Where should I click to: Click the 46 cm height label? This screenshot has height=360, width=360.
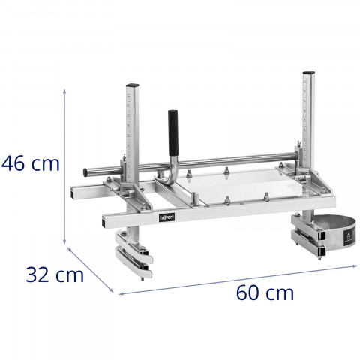pyautogui.click(x=31, y=163)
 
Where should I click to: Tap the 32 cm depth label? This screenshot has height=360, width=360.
pyautogui.click(x=53, y=274)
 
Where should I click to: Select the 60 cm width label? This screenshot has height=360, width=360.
pyautogui.click(x=265, y=292)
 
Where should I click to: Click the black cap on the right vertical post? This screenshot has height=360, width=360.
pyautogui.click(x=307, y=74)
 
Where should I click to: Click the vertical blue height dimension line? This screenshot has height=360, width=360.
pyautogui.click(x=66, y=165)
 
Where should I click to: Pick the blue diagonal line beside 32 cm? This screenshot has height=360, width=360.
pyautogui.click(x=91, y=268)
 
